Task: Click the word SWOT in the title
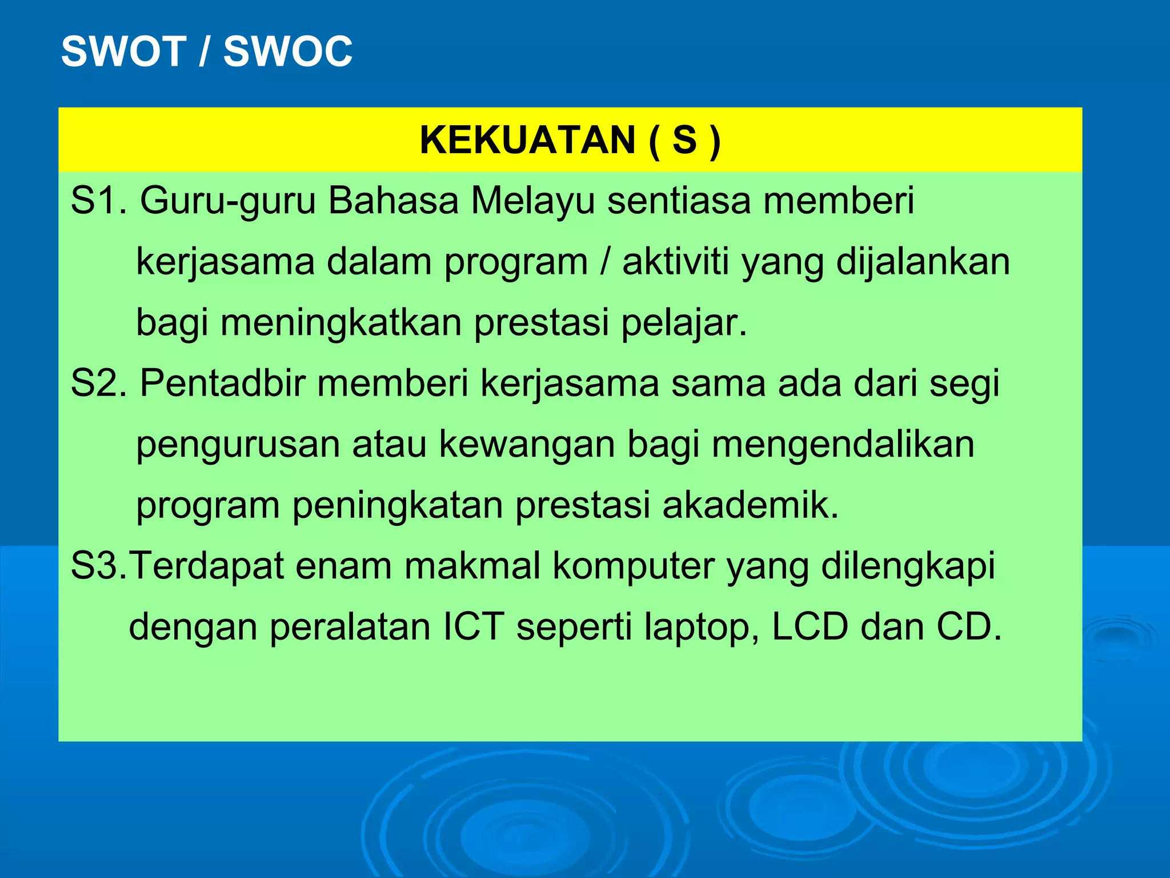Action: (123, 51)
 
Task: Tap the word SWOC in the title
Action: (287, 51)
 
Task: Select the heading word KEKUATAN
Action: (527, 140)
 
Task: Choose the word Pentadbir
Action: (223, 383)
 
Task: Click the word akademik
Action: (750, 505)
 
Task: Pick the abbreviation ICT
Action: (474, 627)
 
